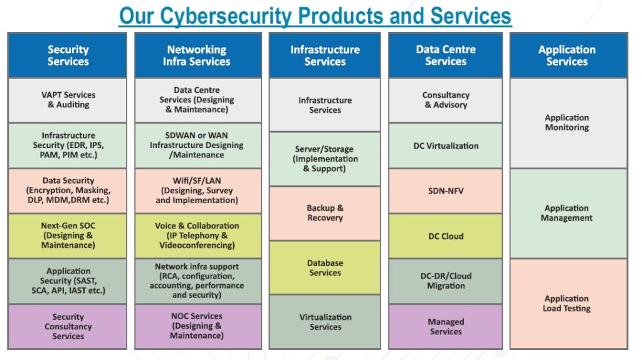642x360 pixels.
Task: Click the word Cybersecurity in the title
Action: tap(225, 16)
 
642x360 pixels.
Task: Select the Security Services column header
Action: tap(68, 55)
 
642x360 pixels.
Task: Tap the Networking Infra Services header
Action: tap(197, 55)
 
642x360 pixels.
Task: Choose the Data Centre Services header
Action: tap(446, 55)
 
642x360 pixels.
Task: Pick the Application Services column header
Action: tap(568, 55)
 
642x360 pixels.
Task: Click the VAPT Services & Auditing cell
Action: tap(68, 100)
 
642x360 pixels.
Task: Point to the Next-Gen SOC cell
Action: tap(68, 235)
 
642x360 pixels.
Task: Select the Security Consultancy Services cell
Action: tap(68, 326)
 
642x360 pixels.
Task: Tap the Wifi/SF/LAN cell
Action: tap(197, 191)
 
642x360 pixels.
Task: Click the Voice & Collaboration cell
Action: tap(197, 235)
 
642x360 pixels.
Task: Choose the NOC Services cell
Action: tap(197, 326)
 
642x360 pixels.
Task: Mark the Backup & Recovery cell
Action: tap(325, 213)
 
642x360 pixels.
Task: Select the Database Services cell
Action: tap(325, 267)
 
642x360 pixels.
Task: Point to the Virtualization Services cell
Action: tap(325, 322)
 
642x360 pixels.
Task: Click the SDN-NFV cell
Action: tap(446, 191)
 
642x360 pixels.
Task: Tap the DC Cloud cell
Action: tap(446, 236)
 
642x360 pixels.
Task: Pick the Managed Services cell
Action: tap(446, 326)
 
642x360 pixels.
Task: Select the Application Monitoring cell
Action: tap(568, 123)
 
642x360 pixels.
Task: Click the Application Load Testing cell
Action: tap(568, 304)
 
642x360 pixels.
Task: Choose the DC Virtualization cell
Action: tap(446, 146)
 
